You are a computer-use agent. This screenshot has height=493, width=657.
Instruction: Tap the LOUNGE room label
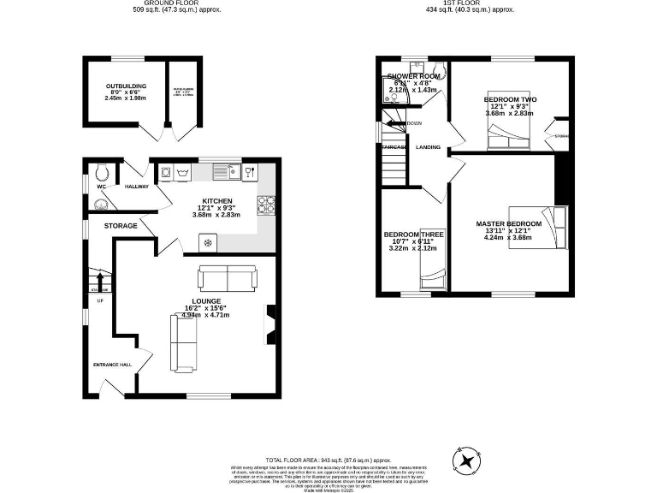[208, 301]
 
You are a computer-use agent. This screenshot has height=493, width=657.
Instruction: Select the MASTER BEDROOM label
[509, 224]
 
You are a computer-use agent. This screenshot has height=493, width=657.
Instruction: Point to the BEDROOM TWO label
[511, 100]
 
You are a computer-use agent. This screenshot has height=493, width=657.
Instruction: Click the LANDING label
[428, 147]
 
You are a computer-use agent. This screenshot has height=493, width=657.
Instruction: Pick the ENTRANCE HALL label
[113, 365]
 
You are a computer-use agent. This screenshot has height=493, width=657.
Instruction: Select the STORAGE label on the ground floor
[121, 226]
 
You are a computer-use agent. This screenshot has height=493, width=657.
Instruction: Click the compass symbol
[467, 460]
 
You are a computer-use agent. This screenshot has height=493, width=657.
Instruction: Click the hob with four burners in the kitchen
[265, 204]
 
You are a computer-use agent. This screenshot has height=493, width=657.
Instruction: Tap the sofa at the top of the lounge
[227, 277]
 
